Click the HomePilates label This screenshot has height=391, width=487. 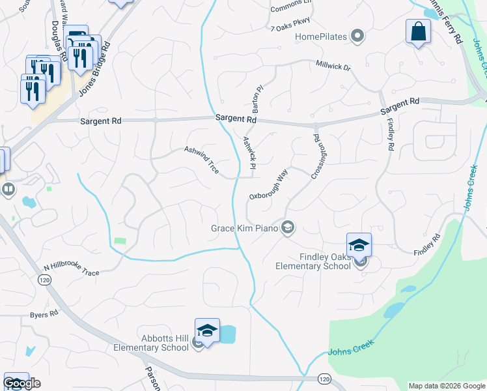coord(322,36)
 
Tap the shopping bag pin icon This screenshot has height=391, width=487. coord(418,31)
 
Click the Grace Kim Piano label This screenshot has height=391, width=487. coord(244,228)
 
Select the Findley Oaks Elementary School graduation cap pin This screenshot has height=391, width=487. coord(359,245)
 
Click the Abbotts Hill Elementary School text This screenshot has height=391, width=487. coord(160,343)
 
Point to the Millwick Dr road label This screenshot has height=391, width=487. coord(333,67)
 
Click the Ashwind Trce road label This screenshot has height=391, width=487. coord(202,160)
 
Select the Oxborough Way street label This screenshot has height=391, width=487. coord(268,186)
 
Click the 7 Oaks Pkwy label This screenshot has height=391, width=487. coord(290,22)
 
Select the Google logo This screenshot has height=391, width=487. coord(21,383)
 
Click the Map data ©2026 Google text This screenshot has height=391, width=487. coord(447,386)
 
